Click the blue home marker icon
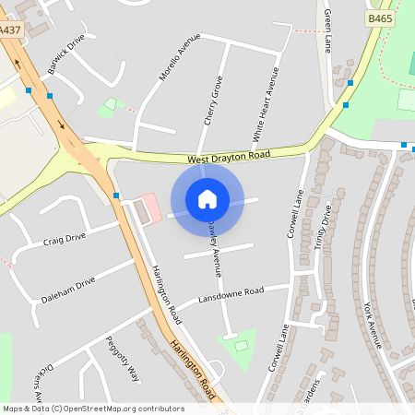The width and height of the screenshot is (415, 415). (x=207, y=199)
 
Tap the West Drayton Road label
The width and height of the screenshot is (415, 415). (x=229, y=158)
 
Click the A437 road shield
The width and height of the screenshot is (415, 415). (x=10, y=30)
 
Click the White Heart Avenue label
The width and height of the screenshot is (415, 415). (x=266, y=104)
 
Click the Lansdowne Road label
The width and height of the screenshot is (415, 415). (x=231, y=296)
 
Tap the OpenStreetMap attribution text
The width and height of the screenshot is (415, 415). (x=93, y=409)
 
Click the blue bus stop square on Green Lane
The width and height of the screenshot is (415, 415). (x=350, y=83)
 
